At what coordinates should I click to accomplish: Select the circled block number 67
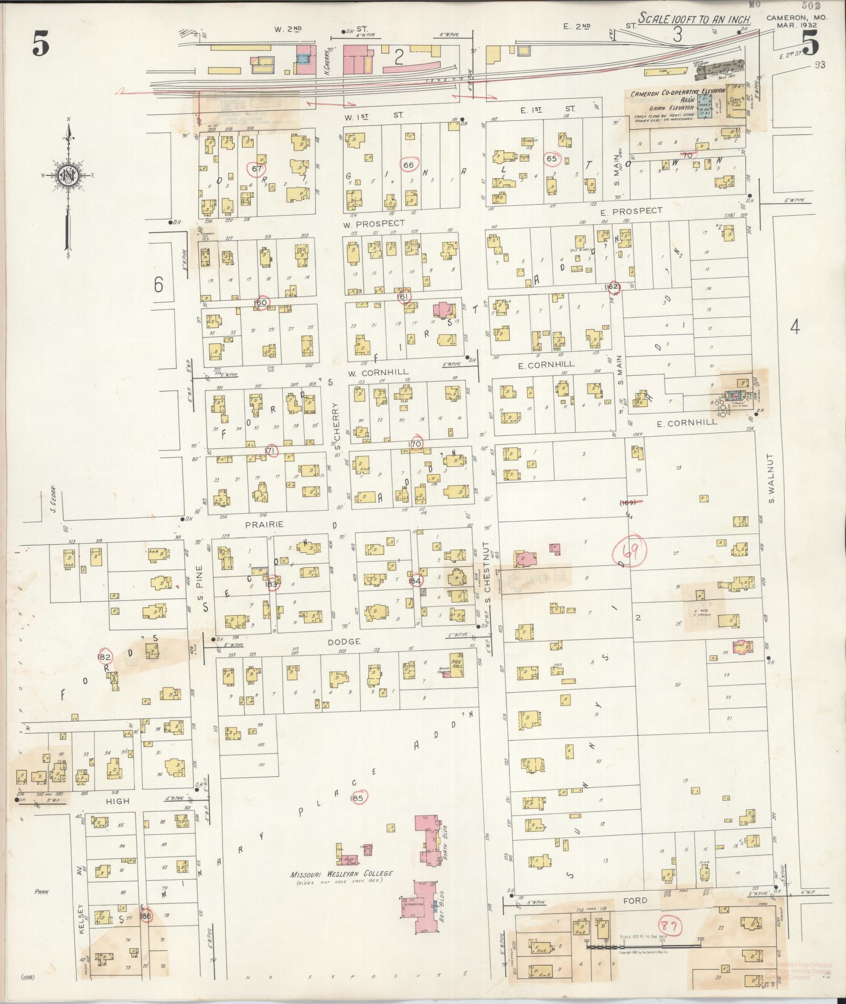pos(256,169)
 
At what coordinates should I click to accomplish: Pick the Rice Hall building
pos(456,664)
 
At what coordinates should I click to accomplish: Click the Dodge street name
pos(344,641)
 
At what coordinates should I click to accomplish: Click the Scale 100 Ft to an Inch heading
pos(694,20)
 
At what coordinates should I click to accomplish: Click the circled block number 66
pos(409,165)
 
